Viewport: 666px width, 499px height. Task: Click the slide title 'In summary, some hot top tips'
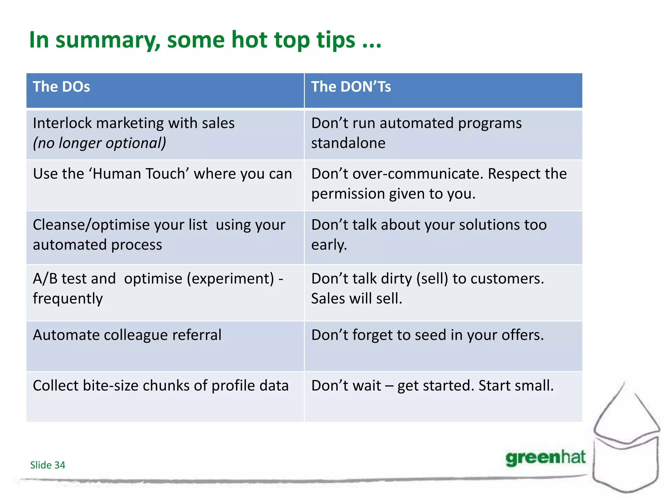point(205,40)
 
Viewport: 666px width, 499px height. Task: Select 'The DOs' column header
point(61,87)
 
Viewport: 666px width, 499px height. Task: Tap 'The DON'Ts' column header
point(351,87)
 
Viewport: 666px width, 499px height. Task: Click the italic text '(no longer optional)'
point(100,143)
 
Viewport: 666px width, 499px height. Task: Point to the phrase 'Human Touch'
point(139,174)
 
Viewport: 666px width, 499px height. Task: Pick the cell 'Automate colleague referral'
point(127,335)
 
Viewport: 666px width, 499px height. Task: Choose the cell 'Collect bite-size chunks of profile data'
point(161,386)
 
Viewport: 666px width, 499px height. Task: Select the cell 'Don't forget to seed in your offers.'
point(427,335)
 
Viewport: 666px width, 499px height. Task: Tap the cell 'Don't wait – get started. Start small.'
point(432,386)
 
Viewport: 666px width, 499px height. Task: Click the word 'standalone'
point(348,143)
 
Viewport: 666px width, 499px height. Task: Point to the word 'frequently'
point(68,299)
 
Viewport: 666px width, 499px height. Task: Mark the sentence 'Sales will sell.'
point(357,299)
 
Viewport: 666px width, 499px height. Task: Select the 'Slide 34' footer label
point(47,465)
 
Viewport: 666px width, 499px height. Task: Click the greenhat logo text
point(545,458)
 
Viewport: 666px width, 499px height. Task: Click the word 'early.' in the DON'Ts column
point(329,245)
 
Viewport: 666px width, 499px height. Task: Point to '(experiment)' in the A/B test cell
point(230,279)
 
